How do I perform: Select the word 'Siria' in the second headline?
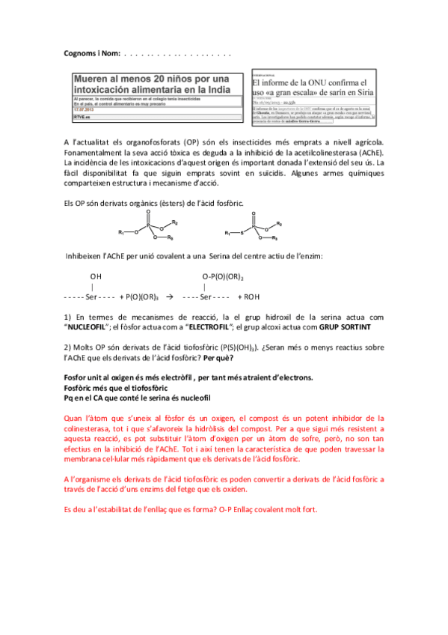click(x=360, y=92)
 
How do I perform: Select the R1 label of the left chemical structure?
click(x=121, y=234)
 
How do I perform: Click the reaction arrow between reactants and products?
click(x=169, y=297)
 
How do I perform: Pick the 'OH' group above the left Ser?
click(x=96, y=277)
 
